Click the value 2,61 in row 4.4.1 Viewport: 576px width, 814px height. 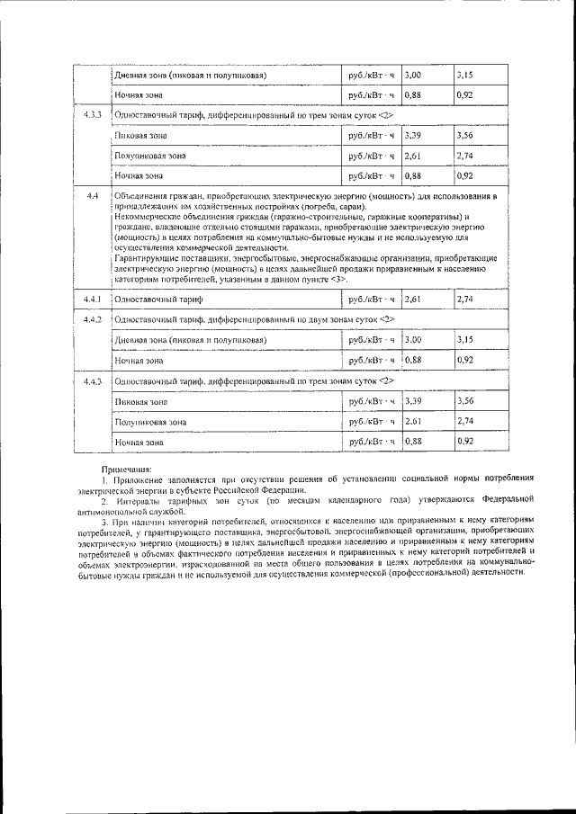414,299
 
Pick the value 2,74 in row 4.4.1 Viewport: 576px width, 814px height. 465,299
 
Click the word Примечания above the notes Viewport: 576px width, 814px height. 127,469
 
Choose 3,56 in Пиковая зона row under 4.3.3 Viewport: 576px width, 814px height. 465,135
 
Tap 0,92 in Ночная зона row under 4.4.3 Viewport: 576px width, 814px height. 465,442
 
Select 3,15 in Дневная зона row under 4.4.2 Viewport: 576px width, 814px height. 465,340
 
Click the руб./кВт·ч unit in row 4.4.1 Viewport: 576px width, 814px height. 371,299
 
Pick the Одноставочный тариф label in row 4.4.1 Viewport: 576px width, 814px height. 159,300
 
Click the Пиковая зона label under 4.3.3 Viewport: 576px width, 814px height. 141,136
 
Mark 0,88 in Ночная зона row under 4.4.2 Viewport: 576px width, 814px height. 414,360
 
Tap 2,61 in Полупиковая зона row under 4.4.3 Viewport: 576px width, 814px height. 414,421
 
